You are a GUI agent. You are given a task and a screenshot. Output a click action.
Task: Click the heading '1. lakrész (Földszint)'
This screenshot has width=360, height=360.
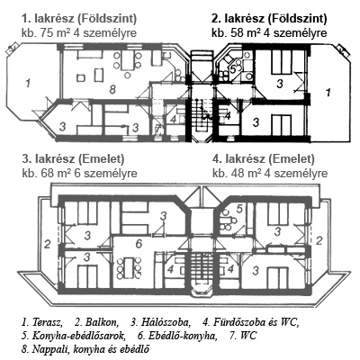pos(79,19)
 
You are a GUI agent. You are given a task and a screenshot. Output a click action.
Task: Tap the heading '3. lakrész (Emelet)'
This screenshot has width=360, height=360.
pos(73,159)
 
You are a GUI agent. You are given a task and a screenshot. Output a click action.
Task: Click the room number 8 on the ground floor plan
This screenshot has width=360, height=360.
pos(112,89)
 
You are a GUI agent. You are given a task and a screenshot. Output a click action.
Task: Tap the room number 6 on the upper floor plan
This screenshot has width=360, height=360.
pos(139,244)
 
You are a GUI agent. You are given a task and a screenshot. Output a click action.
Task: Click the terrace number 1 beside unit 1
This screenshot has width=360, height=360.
pos(28,83)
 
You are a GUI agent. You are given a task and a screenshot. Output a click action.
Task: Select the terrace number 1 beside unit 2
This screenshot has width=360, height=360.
pos(328,92)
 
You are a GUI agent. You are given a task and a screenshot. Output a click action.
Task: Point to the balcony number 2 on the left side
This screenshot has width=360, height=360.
pos(47,245)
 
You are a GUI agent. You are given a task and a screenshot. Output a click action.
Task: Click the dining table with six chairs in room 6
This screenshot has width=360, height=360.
pos(130,267)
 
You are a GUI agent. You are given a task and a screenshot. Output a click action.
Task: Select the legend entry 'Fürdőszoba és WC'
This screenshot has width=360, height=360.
pos(256,322)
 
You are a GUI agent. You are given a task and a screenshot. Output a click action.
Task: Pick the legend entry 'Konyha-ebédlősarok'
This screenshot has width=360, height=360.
pos(77,336)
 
